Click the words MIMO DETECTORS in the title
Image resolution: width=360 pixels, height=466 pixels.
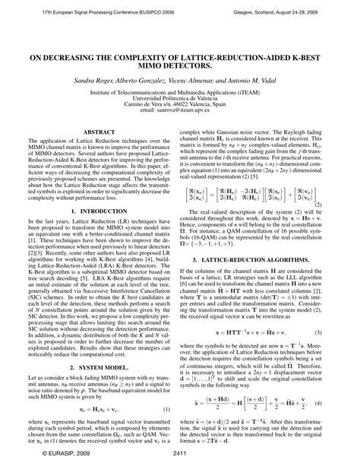point(180,65)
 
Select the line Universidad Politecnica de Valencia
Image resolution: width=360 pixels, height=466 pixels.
point(180,97)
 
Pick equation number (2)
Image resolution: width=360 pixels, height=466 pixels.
point(341,182)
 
